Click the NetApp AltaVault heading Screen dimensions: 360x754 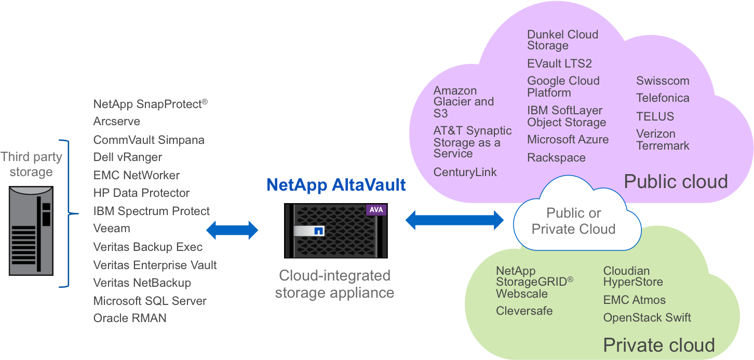click(x=335, y=185)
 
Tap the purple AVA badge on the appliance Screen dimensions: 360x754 click(x=375, y=210)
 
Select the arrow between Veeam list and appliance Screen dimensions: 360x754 click(x=232, y=230)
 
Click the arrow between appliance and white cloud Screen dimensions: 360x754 click(x=454, y=220)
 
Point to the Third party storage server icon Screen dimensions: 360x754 click(x=31, y=231)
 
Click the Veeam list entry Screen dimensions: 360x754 click(x=112, y=229)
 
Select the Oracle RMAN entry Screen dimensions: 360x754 click(x=130, y=318)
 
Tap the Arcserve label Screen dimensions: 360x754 click(x=117, y=122)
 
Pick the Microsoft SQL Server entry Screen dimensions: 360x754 click(x=150, y=301)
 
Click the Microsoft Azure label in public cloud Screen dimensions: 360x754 click(x=568, y=140)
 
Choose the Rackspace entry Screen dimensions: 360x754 click(x=556, y=158)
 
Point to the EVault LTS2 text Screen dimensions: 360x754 click(x=559, y=64)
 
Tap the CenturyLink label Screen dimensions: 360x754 click(x=465, y=172)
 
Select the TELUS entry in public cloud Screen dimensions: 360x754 click(x=655, y=116)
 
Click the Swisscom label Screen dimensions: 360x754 click(x=663, y=81)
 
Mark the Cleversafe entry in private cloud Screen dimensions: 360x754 click(x=524, y=311)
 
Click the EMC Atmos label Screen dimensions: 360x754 click(x=634, y=300)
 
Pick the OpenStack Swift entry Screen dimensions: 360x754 click(x=647, y=317)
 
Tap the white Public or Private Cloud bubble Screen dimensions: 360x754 click(x=574, y=221)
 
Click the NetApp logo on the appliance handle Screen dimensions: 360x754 click(x=318, y=230)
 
